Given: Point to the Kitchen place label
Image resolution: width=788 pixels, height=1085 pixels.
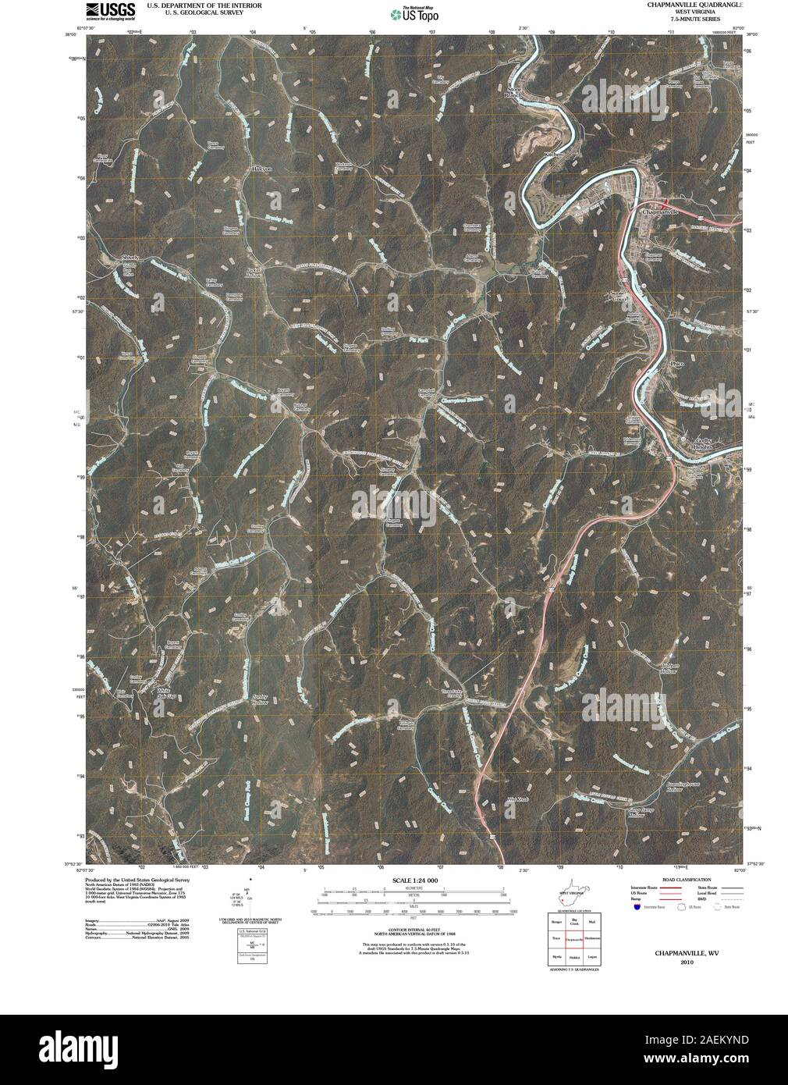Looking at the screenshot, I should point(553,155).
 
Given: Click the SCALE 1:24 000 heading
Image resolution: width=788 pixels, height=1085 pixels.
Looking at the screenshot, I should point(410,881).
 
